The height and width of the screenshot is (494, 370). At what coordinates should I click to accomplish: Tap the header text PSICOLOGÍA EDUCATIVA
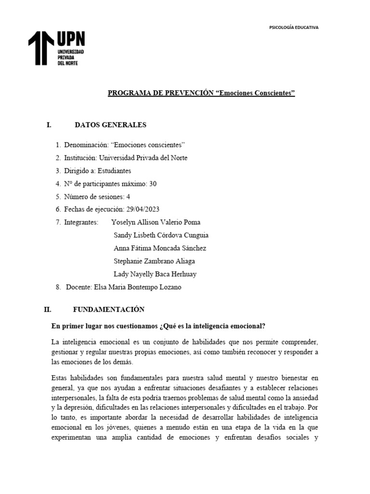[x=293, y=27]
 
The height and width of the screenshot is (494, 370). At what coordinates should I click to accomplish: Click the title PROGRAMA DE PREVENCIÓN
[x=159, y=93]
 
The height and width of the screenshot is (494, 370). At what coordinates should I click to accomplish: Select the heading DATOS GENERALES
[x=110, y=125]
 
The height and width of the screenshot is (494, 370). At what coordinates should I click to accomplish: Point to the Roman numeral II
[x=47, y=309]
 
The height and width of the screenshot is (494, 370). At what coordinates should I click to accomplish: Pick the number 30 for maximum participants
[x=153, y=184]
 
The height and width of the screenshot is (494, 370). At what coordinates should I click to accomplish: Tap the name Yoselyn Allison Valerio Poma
[x=156, y=222]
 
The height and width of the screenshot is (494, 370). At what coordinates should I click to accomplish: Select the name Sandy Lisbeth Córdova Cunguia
[x=160, y=235]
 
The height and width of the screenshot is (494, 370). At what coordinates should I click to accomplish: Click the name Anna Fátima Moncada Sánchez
[x=159, y=248]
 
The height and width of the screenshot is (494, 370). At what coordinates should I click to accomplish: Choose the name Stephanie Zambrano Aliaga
[x=154, y=261]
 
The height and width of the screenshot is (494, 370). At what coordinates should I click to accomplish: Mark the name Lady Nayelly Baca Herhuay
[x=155, y=274]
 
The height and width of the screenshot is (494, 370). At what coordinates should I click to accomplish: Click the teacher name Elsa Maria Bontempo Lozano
[x=138, y=287]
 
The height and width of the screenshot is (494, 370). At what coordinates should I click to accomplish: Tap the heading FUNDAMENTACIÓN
[x=108, y=309]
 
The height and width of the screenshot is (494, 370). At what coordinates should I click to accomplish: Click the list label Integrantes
[x=81, y=222]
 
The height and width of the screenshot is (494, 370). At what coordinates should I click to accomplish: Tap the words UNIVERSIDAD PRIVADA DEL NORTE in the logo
[x=71, y=57]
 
